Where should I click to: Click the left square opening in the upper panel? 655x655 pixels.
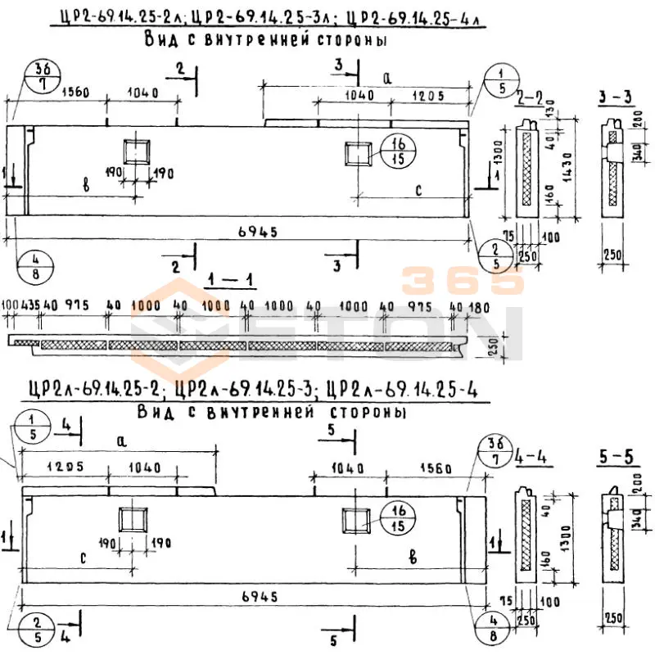click(137, 152)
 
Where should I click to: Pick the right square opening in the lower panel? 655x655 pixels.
click(358, 521)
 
